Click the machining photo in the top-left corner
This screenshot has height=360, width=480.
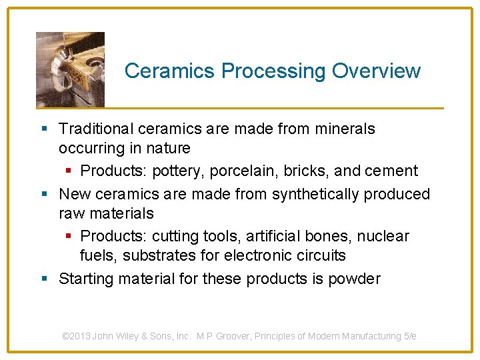tap(70, 69)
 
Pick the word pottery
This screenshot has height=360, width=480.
tap(178, 171)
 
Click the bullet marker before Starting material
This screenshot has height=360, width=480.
tap(43, 279)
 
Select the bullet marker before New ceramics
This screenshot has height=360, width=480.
tap(43, 194)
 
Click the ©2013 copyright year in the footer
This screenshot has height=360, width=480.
tap(76, 336)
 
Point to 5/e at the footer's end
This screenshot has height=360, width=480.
tap(410, 336)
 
